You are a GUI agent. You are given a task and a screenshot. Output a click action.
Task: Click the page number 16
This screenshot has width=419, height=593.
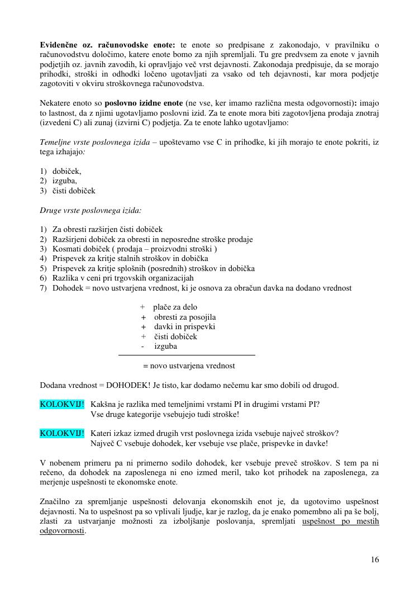(x=374, y=560)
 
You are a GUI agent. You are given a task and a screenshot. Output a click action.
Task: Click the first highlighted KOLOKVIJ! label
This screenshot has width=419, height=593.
(x=62, y=404)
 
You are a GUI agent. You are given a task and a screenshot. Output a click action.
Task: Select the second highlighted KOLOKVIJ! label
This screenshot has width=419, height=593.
(x=62, y=433)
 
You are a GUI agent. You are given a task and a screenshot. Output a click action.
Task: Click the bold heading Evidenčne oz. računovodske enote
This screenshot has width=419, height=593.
(x=108, y=45)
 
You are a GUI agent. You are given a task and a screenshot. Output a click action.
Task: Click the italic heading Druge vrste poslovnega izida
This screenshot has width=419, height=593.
(x=91, y=211)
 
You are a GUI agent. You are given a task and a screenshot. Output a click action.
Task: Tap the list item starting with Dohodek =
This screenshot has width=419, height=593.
(x=201, y=288)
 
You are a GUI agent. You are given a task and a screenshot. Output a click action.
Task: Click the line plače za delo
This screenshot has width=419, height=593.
(x=175, y=307)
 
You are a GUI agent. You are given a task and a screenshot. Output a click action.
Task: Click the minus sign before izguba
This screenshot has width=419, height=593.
(x=143, y=346)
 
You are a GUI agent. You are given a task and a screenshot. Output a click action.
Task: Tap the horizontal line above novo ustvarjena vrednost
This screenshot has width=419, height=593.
(x=187, y=355)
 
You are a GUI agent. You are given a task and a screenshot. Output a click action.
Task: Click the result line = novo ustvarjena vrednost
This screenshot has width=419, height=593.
(x=189, y=366)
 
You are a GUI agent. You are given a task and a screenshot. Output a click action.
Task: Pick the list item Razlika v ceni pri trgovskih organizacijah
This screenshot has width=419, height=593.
(x=123, y=278)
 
